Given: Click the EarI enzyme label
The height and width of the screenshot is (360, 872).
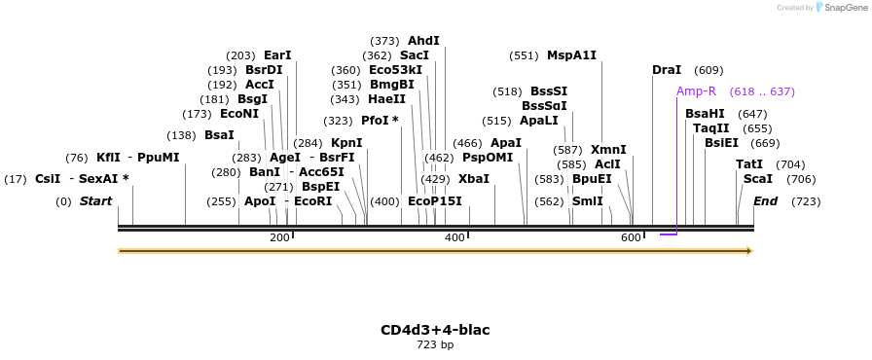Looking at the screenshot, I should pos(277,55).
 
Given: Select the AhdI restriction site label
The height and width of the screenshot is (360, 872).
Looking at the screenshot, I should pos(423,41).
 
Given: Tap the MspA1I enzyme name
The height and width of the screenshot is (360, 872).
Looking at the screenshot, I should pos(571,55).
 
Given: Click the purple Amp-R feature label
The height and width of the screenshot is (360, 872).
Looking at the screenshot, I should pos(696,91).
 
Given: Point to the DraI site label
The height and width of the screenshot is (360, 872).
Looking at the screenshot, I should pos(667,70).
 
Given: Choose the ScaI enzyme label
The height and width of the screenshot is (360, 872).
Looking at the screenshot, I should pos(758,179).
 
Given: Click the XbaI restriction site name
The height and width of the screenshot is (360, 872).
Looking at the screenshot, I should pos(474,179).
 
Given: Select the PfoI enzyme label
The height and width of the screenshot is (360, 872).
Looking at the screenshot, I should pos(380,121).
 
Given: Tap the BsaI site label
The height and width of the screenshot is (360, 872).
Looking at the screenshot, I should pos(219,135).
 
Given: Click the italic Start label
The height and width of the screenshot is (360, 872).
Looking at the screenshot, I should pos(95,201).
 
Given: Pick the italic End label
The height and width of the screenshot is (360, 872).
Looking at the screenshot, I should pos(765,201).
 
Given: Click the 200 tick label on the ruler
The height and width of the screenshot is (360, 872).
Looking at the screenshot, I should pos(279,238).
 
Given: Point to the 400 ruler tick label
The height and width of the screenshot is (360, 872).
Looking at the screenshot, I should pos(454,238).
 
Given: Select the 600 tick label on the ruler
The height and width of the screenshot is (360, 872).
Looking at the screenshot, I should pos(631,238).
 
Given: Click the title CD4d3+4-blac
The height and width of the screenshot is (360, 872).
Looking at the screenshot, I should pos(435,330).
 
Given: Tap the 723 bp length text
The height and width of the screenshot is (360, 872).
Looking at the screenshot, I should pos(435,344).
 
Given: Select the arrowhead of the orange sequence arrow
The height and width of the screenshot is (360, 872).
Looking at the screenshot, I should pos(749,251).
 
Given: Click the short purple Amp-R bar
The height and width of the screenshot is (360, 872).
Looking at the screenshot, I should pos(669,234).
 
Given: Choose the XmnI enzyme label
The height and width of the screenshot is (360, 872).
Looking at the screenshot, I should pos(608,150).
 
